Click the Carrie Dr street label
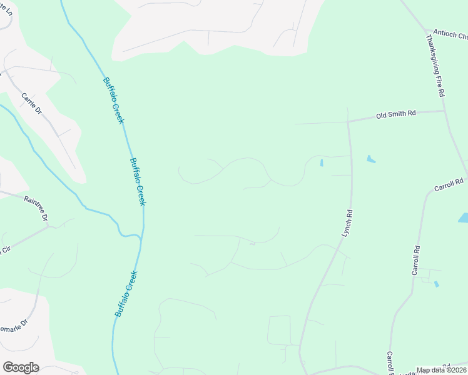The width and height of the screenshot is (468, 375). click(x=31, y=104)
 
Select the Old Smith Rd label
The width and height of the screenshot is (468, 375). click(x=395, y=114)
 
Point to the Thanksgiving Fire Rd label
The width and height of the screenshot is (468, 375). click(x=435, y=65)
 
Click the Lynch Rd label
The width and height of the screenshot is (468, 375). click(x=347, y=222)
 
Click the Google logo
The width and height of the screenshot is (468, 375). click(x=21, y=367)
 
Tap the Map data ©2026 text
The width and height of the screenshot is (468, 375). click(x=441, y=370)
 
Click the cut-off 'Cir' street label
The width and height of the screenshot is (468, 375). click(x=6, y=249)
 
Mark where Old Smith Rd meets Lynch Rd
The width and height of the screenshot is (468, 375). click(x=348, y=121)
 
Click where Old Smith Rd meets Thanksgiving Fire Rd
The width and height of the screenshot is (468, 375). click(x=444, y=111)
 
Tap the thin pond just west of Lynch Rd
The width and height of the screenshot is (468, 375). click(x=322, y=163)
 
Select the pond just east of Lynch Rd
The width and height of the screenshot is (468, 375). click(x=371, y=159)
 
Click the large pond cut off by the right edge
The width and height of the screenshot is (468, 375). click(x=464, y=218)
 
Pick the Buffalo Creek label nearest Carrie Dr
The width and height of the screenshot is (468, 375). click(x=113, y=100)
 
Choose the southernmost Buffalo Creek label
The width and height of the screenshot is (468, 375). click(x=126, y=294)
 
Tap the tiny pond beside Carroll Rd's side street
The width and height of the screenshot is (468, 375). click(x=436, y=284)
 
